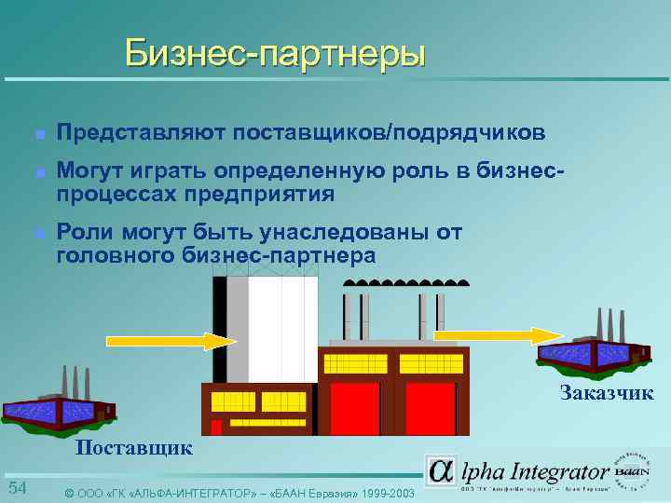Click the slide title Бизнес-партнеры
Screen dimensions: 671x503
[276, 53]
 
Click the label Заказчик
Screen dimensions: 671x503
[607, 393]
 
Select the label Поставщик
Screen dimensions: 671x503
[134, 447]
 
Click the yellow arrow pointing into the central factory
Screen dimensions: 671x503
[168, 340]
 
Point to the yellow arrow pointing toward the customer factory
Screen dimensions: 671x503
[494, 334]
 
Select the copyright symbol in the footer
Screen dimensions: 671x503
[69, 492]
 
